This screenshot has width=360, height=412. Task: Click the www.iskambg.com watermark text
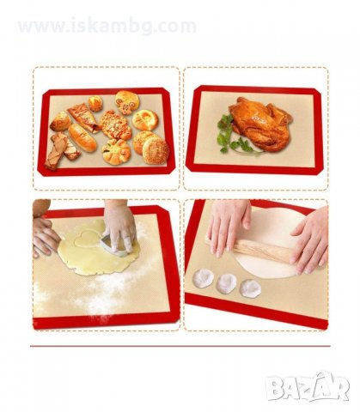pyautogui.click(x=107, y=27)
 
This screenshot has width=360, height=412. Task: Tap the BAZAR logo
pyautogui.click(x=308, y=388)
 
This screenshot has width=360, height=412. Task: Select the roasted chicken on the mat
pyautogui.click(x=260, y=123)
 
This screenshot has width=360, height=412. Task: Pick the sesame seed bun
pyautogui.click(x=156, y=150)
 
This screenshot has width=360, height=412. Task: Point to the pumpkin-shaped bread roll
pyautogui.click(x=116, y=152)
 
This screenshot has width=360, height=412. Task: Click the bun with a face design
pyautogui.click(x=127, y=102)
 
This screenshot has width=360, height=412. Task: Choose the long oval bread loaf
pyautogui.click(x=82, y=137)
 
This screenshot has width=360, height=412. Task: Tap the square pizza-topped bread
pyautogui.click(x=115, y=125)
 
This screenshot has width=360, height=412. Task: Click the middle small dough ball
pyautogui.click(x=226, y=283)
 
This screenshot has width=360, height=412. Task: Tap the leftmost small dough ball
pyautogui.click(x=203, y=279)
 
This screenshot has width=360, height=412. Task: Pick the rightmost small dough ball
pyautogui.click(x=250, y=288)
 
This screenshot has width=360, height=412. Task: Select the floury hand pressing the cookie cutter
pyautogui.click(x=119, y=223)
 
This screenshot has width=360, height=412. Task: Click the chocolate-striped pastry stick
pyautogui.click(x=61, y=150)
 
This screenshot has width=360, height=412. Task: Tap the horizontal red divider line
pyautogui.click(x=180, y=346)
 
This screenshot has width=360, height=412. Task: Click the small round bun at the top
pyautogui.click(x=95, y=104)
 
